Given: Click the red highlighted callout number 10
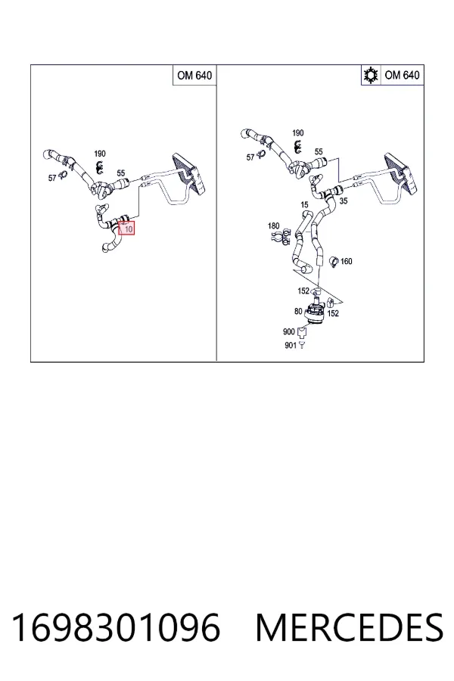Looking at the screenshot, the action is pos(128,229).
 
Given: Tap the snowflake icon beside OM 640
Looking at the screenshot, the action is pos(371,76).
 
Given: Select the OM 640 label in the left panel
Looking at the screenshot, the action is pos(194,76).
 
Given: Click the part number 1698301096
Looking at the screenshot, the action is pos(116,627).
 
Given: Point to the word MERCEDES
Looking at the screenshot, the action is pos(350,627).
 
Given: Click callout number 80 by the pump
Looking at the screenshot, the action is pos(298,312).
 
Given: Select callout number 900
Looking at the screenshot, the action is pos(289,332).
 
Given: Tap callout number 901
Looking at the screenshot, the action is pos(291,346).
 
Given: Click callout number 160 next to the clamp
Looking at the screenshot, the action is pos(347,262).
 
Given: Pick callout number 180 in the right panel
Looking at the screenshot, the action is pos(274,225).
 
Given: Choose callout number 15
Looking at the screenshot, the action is pos(304,204).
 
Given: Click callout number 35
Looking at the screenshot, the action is pos(344,201).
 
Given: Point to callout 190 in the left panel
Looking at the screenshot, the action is pos(100,154).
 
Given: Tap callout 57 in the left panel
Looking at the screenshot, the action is pos(52,178).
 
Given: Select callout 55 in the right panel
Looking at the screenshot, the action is pos(319,151).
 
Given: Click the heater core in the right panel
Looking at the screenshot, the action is pos(403,173).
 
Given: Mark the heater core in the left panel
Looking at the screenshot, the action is pos(190,173).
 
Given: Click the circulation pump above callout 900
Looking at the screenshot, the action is pos(315,312).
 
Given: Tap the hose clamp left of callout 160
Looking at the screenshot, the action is pos(334,262).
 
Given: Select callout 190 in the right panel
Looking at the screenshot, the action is pos(298,133).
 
